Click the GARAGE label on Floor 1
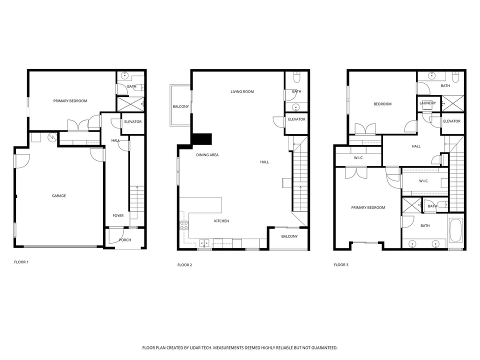click(59, 195)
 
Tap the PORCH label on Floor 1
click(125, 240)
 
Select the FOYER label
click(118, 215)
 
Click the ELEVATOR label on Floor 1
click(132, 121)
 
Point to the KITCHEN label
click(221, 220)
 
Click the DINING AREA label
click(207, 155)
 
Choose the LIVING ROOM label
click(242, 91)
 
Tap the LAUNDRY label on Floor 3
click(427, 103)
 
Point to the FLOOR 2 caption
click(184, 264)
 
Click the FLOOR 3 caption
click(341, 264)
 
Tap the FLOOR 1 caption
click(21, 261)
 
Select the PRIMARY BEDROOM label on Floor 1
click(70, 101)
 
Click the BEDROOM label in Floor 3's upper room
click(382, 104)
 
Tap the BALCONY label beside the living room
click(180, 106)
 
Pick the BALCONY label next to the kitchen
click(289, 236)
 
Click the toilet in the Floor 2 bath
click(296, 77)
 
